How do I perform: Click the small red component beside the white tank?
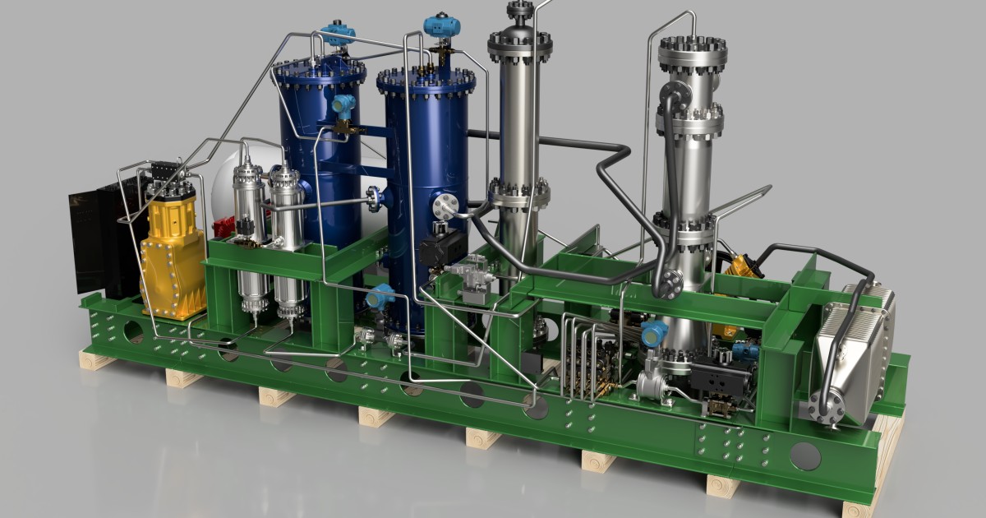click(223, 229)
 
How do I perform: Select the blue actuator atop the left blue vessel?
click(338, 34)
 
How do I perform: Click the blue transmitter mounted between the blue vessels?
click(343, 104)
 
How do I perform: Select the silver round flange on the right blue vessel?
click(445, 206)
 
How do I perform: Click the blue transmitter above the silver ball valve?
click(654, 332)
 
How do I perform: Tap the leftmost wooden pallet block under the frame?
click(93, 358)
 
